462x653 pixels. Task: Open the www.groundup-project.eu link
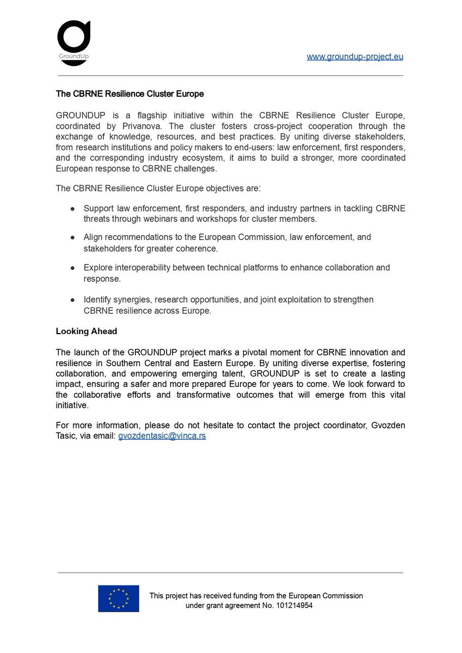355,57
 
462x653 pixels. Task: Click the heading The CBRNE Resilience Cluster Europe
130,94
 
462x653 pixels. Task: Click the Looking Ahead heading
86,331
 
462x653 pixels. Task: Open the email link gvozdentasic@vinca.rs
162,436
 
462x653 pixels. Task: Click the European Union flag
118,599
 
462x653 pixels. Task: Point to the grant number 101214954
294,605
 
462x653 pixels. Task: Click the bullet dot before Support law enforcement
72,209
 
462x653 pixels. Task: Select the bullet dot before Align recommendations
72,238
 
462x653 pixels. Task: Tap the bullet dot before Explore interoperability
72,268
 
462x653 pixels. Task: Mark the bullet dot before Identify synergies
72,300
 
